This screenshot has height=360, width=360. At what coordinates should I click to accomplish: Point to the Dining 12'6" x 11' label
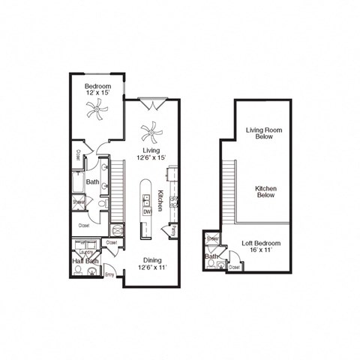tap(152, 265)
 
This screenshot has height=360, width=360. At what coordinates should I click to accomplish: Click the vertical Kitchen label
tap(160, 201)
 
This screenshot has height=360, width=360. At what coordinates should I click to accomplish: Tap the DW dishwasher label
tap(147, 211)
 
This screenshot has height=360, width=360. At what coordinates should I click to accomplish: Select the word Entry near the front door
tap(109, 275)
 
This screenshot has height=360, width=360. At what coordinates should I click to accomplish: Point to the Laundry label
tap(85, 252)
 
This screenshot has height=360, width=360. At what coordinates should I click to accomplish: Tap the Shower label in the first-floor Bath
tap(78, 202)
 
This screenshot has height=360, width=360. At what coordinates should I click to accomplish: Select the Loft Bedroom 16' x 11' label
tap(261, 248)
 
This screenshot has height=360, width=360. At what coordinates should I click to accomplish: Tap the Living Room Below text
tap(263, 134)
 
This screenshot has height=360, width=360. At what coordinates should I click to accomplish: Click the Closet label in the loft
tap(234, 266)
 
